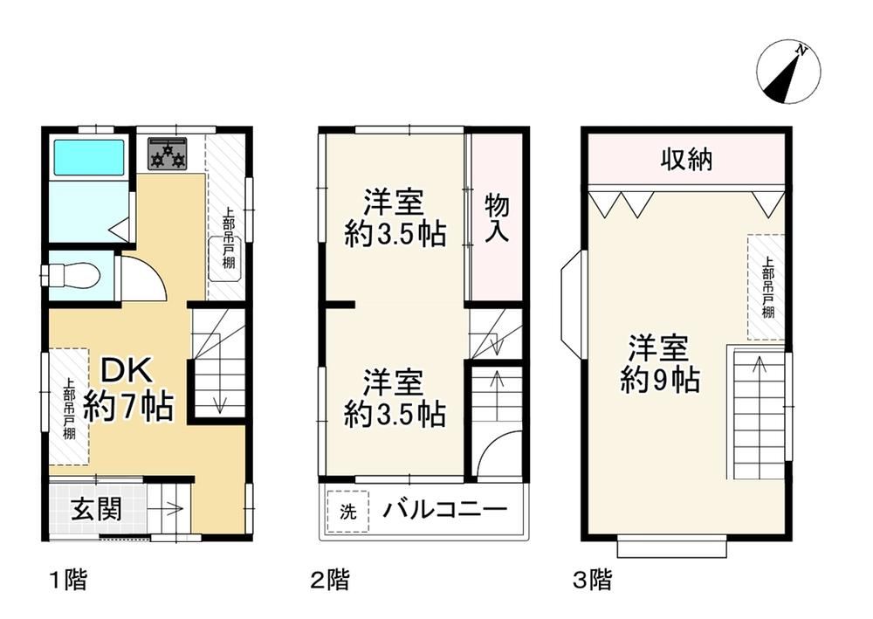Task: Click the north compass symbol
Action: pos(788,72)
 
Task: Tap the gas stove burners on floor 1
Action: pos(168,153)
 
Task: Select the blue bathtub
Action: pos(88,157)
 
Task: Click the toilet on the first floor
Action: pos(72,275)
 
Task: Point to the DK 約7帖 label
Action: pos(128,388)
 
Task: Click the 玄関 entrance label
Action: pos(96,509)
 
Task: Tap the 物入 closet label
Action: pos(497,218)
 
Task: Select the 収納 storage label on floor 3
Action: pos(686,160)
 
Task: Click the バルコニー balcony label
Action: pos(445,509)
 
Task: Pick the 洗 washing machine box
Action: pos(348,512)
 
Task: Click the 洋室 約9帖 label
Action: pos(660,363)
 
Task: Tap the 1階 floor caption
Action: pos(69,580)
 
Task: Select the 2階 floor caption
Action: pos(330,580)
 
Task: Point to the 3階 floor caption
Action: pos(593,580)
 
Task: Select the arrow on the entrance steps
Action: pos(168,508)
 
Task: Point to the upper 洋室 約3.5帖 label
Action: pos(395,218)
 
